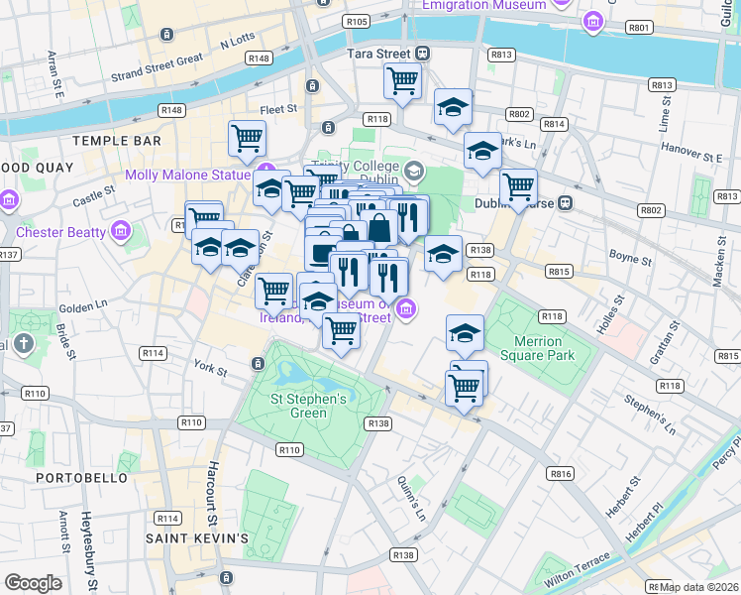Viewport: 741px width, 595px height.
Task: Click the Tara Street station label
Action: [x=378, y=53]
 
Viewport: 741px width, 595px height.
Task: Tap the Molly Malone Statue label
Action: [x=187, y=176]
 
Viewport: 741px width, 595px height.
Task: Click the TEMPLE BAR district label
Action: [x=116, y=142]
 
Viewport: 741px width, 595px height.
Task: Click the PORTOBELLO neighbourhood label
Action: [x=81, y=477]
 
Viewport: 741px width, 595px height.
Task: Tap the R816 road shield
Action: [x=561, y=474]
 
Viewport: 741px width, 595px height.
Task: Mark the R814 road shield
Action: [x=554, y=124]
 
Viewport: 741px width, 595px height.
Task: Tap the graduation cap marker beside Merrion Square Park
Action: [x=465, y=334]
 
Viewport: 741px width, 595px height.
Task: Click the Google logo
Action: [x=33, y=583]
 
